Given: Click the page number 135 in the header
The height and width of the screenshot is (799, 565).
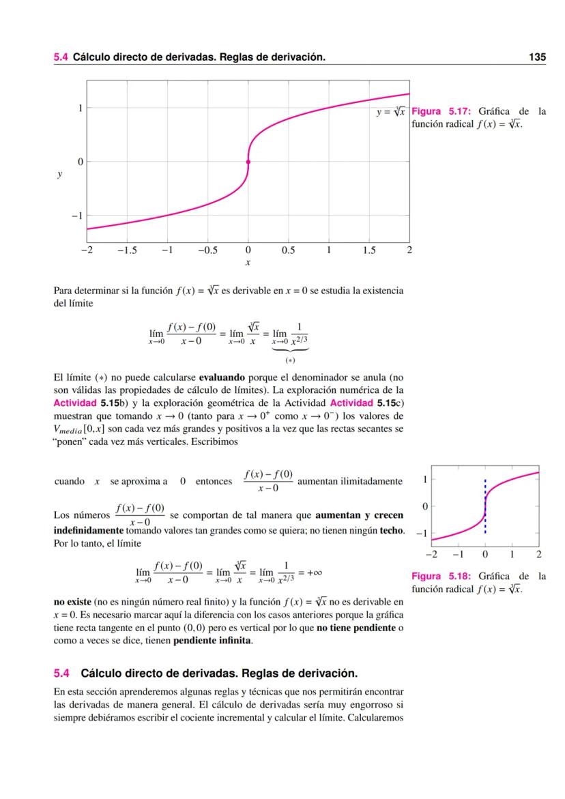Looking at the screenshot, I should (x=537, y=58).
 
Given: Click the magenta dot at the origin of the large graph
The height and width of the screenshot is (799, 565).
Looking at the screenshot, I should (x=248, y=162).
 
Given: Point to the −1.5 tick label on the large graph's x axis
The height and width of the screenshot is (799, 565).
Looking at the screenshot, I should (x=126, y=250).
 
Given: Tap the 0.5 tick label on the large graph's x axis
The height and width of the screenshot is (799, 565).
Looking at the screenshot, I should (x=288, y=250).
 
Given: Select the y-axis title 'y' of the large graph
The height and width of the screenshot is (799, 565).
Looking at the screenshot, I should (x=59, y=175).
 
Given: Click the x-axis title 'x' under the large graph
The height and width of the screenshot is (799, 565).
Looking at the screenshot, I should (x=248, y=262).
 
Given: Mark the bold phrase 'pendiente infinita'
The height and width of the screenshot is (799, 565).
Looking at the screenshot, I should (x=212, y=641).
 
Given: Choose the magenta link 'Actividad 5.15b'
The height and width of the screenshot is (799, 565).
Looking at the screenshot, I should (x=87, y=403).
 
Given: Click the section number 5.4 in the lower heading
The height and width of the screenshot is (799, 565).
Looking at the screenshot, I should (x=62, y=673).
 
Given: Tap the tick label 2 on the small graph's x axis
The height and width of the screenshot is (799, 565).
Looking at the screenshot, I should (x=538, y=553).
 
